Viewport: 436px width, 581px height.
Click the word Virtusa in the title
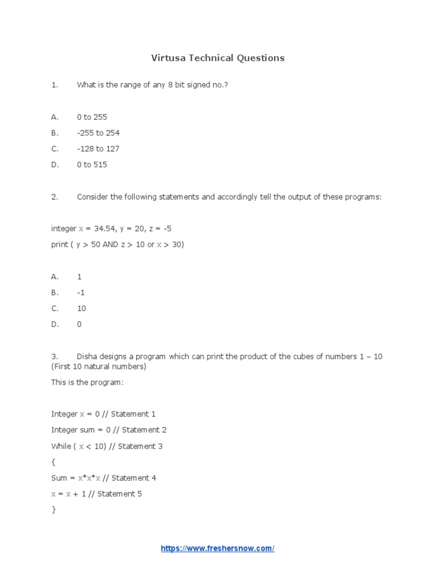169,58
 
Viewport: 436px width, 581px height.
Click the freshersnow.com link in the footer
217,549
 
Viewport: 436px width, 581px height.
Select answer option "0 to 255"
92,117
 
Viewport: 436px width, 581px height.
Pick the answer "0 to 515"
92,165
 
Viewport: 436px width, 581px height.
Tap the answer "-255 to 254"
98,133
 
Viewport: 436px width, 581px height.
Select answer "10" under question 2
81,308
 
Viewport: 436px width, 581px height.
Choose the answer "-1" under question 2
80,292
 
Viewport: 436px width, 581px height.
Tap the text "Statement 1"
133,414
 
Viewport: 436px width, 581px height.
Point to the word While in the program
61,446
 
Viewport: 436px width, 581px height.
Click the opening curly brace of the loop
53,462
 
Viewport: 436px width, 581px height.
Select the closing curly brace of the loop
53,510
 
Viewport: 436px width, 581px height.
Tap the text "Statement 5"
120,494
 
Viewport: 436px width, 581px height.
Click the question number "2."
55,197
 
